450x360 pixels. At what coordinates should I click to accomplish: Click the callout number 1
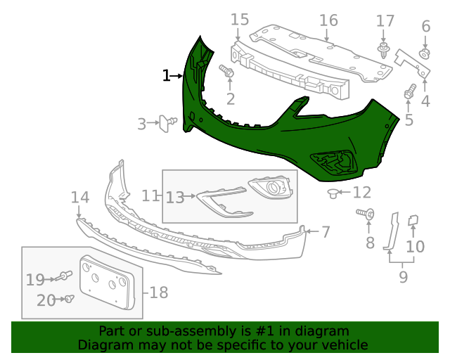pyautogui.click(x=166, y=75)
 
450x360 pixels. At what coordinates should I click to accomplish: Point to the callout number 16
pyautogui.click(x=329, y=20)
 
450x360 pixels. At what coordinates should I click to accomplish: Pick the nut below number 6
pyautogui.click(x=425, y=54)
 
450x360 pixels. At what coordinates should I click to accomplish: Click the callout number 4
pyautogui.click(x=425, y=102)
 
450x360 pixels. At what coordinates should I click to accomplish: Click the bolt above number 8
pyautogui.click(x=366, y=212)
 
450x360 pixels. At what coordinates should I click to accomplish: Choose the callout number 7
pyautogui.click(x=326, y=231)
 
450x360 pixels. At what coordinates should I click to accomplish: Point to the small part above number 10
pyautogui.click(x=414, y=221)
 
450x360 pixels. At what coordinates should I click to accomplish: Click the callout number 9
pyautogui.click(x=403, y=277)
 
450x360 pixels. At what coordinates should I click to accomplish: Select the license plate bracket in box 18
pyautogui.click(x=105, y=282)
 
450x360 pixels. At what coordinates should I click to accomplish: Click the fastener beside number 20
pyautogui.click(x=69, y=299)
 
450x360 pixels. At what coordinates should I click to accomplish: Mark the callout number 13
pyautogui.click(x=174, y=198)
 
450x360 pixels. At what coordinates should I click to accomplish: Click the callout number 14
pyautogui.click(x=79, y=198)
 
